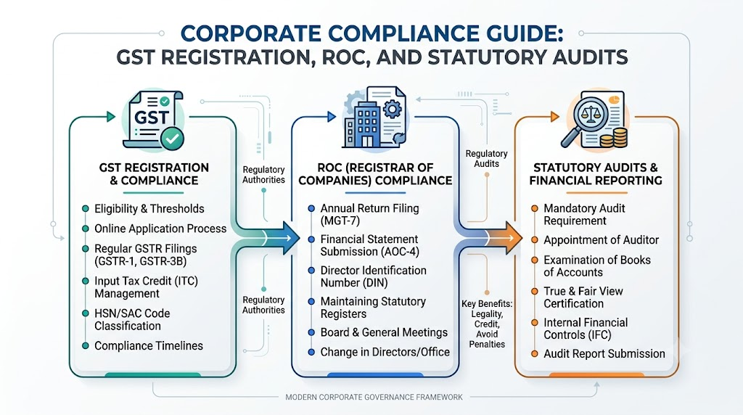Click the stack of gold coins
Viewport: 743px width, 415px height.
(x=613, y=137)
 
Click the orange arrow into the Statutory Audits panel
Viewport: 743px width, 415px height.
(x=490, y=237)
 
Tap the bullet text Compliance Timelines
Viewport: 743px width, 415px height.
(x=148, y=346)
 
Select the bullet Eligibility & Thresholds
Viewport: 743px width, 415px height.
(x=149, y=209)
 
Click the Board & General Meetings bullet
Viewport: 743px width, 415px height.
(x=384, y=332)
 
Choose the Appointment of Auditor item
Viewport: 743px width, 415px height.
(x=601, y=240)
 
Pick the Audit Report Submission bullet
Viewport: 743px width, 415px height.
(x=604, y=354)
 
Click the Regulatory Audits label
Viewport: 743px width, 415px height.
(x=486, y=159)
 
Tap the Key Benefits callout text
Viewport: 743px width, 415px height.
(x=487, y=324)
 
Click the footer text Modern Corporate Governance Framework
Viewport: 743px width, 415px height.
(x=374, y=397)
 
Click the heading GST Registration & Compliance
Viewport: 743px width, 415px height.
(x=154, y=174)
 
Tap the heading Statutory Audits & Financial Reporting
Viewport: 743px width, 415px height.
(x=596, y=174)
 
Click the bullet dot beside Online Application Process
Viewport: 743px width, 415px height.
(x=86, y=229)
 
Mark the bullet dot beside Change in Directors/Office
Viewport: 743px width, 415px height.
(x=311, y=353)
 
